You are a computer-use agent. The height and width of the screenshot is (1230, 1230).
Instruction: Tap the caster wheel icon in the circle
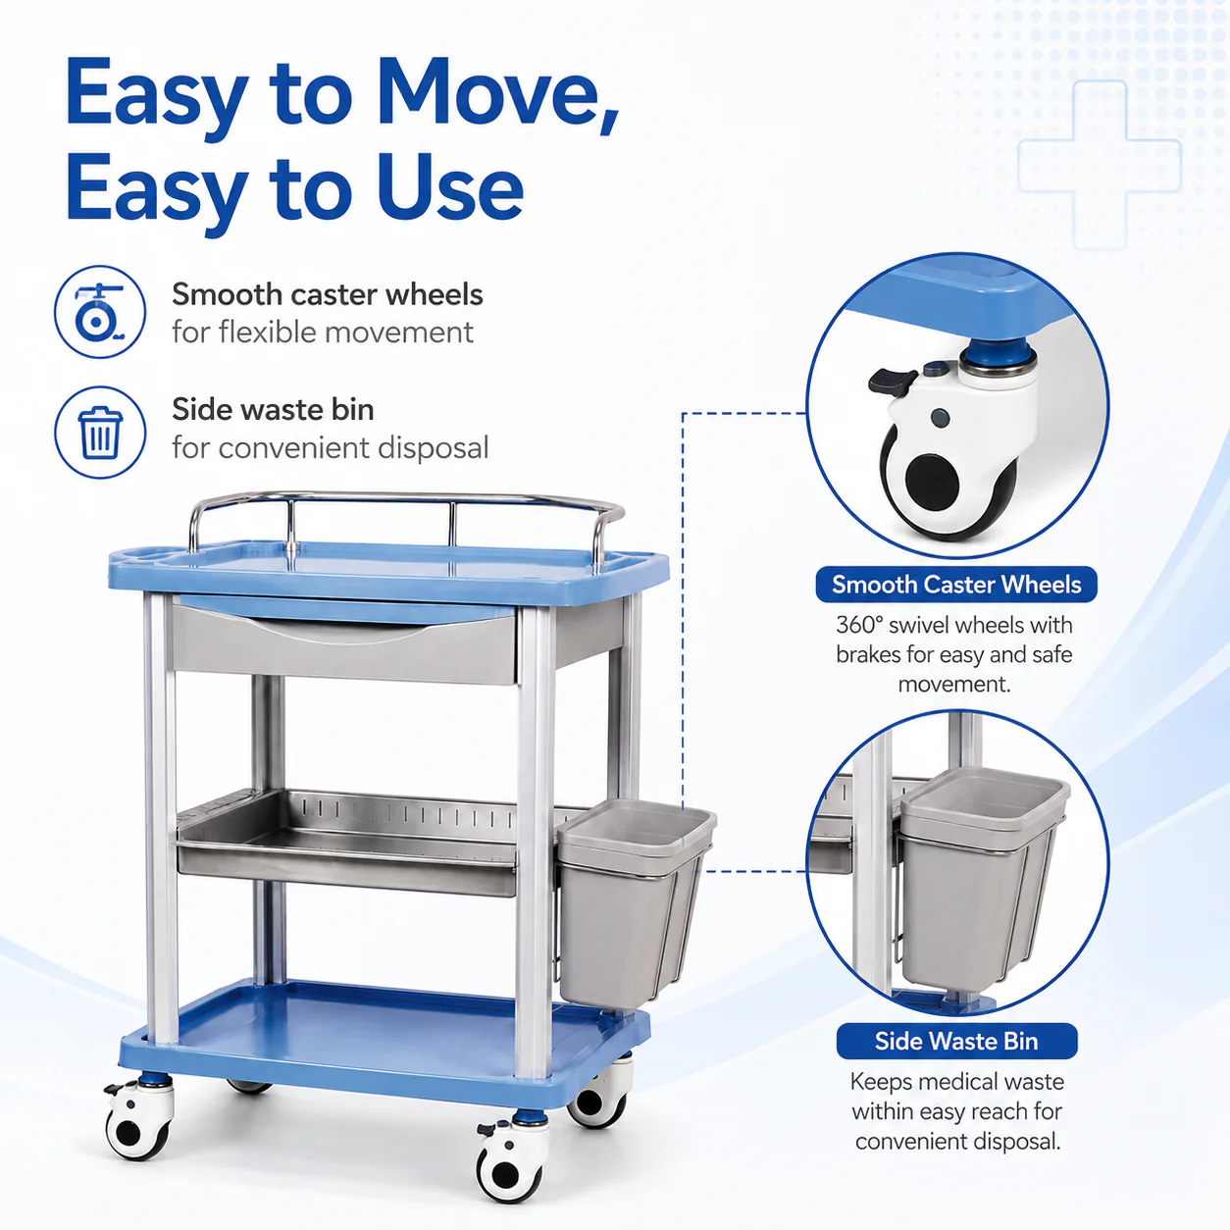100,312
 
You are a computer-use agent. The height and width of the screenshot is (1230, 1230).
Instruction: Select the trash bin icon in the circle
100,433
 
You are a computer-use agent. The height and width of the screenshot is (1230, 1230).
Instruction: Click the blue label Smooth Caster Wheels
956,584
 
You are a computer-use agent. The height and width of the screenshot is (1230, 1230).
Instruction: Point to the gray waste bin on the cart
635,906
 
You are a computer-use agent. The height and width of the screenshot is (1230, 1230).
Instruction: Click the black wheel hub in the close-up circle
932,480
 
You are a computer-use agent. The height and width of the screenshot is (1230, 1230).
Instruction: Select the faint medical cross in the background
1100,165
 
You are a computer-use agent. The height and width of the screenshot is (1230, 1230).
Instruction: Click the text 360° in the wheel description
859,625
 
